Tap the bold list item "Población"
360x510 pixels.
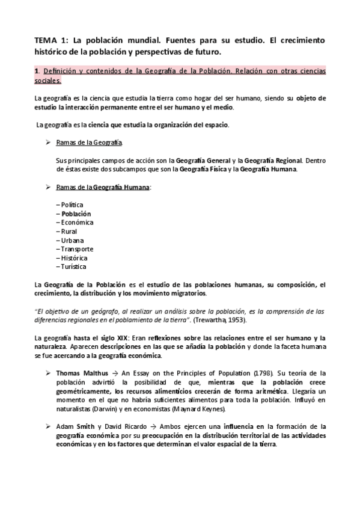tap(76, 214)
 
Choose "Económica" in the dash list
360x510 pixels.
tap(76, 222)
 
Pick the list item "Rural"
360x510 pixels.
tap(69, 231)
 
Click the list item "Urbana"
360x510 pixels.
tap(72, 240)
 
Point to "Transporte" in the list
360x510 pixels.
tap(76, 249)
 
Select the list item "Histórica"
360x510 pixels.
tap(74, 257)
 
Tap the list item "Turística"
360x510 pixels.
tap(73, 266)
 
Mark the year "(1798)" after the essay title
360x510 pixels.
tap(251, 374)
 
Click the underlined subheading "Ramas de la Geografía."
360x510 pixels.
tap(89, 143)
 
